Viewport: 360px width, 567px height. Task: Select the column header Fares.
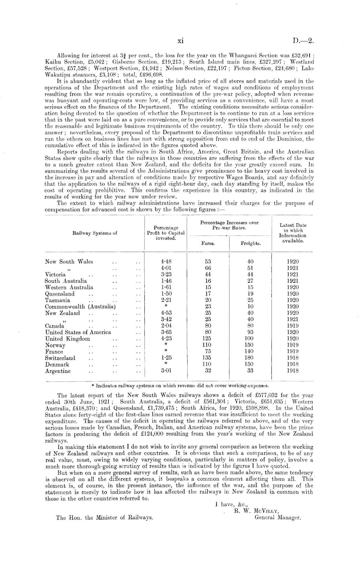(x=208, y=244)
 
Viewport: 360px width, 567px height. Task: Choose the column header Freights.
(x=250, y=244)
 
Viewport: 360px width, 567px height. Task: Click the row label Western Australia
(x=69, y=287)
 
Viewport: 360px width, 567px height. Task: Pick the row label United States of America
(x=78, y=332)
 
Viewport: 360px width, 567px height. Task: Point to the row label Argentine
(x=58, y=371)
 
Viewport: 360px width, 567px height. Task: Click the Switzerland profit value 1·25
(x=166, y=358)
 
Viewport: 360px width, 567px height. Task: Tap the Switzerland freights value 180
(x=250, y=358)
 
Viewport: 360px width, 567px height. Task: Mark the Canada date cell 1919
(x=293, y=326)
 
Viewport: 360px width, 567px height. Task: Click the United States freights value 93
(x=250, y=332)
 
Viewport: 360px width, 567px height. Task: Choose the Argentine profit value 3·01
(x=166, y=371)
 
